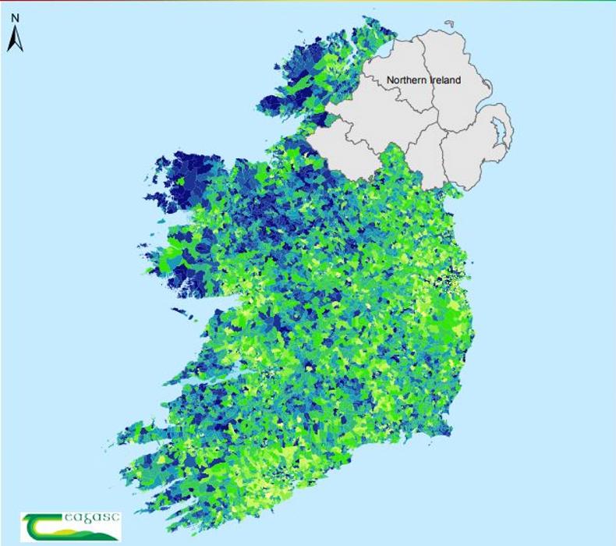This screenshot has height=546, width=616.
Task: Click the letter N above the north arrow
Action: point(15,17)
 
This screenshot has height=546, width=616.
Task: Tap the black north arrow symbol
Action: point(15,39)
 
